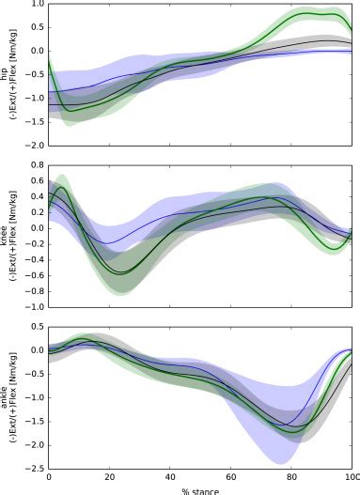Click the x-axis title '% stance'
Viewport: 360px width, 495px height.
(199, 489)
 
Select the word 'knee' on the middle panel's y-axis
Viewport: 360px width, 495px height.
(7, 235)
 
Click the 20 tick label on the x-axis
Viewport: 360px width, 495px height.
(109, 478)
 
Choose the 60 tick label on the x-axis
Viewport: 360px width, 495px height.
(231, 478)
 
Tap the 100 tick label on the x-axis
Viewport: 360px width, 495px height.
(352, 478)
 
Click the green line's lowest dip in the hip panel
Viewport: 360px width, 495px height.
(67, 112)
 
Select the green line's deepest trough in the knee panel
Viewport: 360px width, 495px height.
(121, 273)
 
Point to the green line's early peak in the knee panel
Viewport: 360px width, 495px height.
(61, 187)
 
